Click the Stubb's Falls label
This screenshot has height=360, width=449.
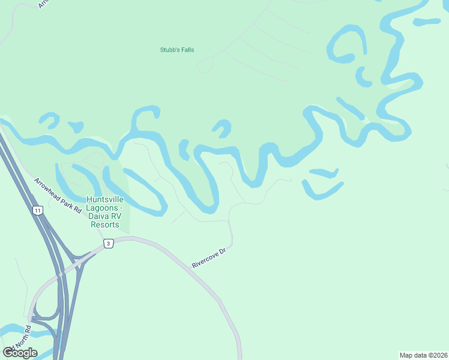click(x=177, y=50)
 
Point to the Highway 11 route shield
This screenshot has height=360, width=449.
click(x=38, y=211)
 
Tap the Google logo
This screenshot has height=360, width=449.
click(x=20, y=352)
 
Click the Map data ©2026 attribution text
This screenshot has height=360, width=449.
click(x=424, y=355)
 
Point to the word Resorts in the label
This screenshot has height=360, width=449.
click(x=104, y=224)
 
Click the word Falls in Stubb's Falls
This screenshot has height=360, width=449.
click(x=187, y=50)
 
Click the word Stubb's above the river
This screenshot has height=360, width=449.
click(x=169, y=50)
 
